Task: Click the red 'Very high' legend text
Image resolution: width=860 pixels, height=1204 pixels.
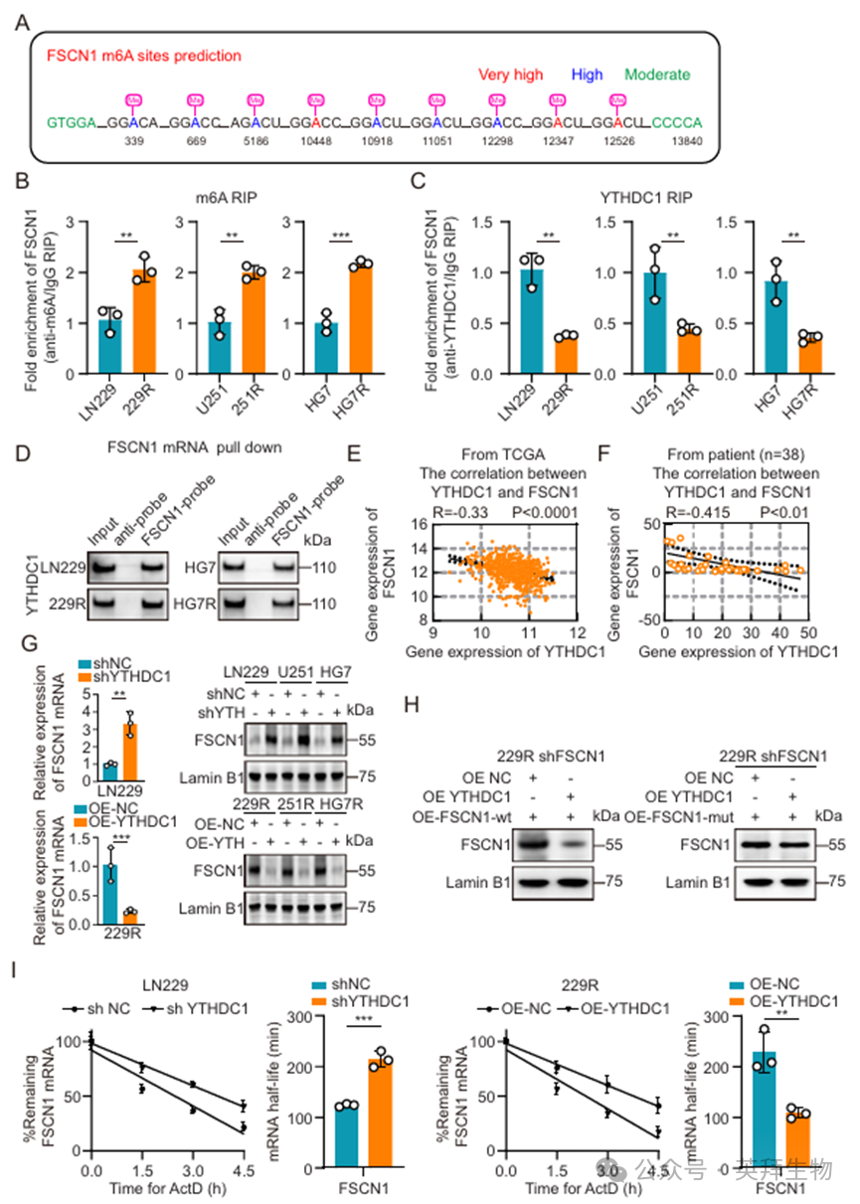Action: (x=510, y=75)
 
